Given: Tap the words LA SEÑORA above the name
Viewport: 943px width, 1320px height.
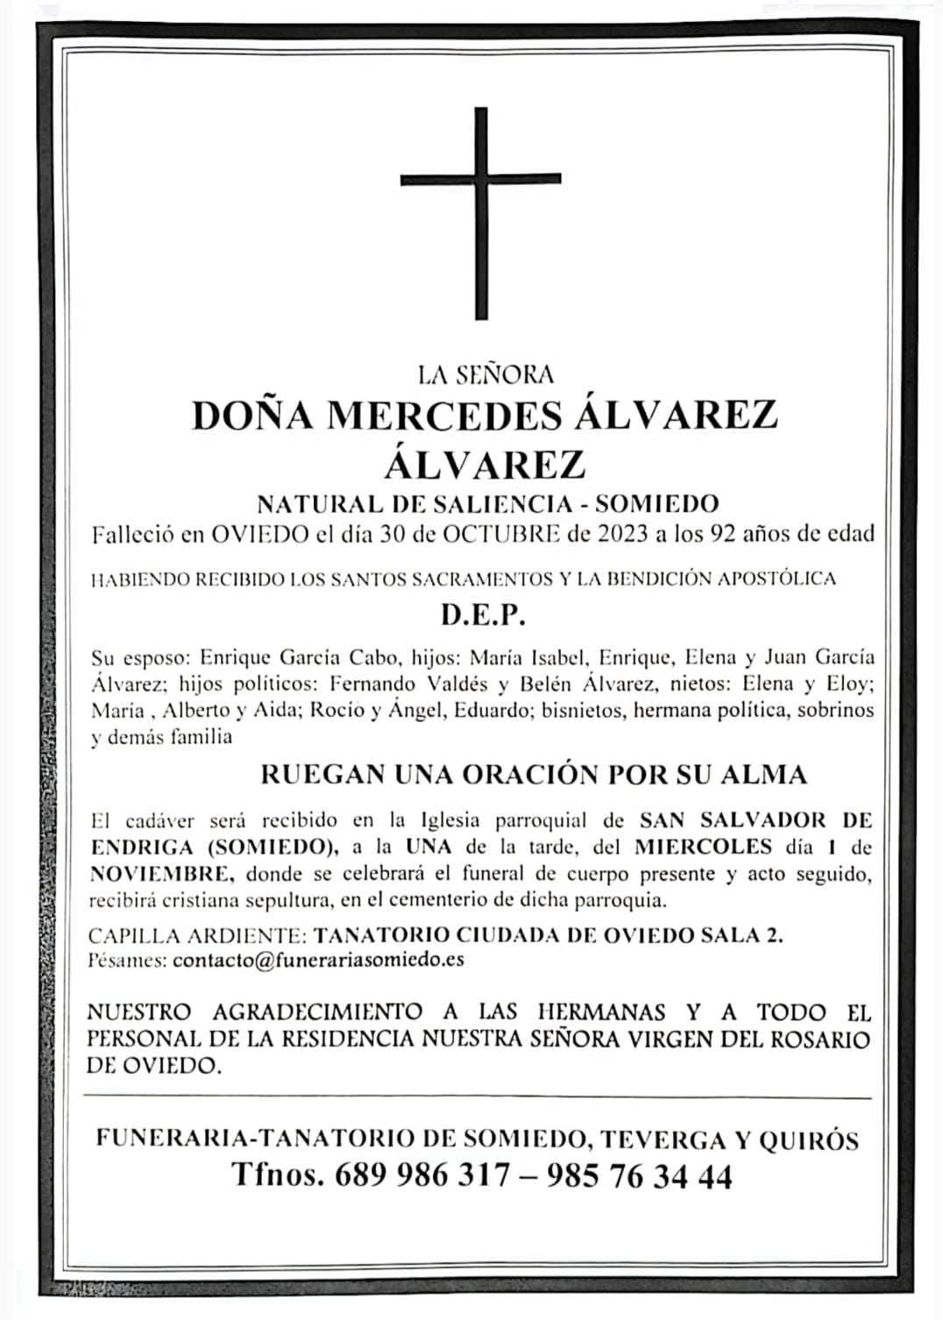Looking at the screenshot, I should pyautogui.click(x=486, y=375).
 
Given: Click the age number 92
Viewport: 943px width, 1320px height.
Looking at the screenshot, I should pyautogui.click(x=723, y=535).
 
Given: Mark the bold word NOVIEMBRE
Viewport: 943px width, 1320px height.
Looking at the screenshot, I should pyautogui.click(x=160, y=874).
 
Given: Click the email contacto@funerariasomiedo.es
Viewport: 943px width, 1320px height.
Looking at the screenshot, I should pyautogui.click(x=318, y=959).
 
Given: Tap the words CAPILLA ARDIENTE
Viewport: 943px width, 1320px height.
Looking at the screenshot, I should pyautogui.click(x=195, y=934).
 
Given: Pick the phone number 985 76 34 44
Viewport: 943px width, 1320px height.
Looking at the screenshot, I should pyautogui.click(x=639, y=1175).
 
